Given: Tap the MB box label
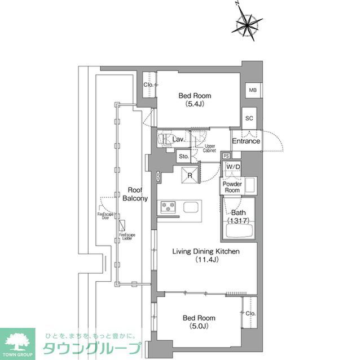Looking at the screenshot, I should [253, 90].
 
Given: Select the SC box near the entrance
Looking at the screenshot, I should [249, 118].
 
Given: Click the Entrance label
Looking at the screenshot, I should [246, 141].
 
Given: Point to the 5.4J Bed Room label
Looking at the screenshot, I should [191, 100].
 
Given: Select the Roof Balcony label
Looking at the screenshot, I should [136, 194].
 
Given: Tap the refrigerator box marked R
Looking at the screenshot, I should [191, 175].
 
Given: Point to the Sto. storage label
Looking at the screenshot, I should [183, 156].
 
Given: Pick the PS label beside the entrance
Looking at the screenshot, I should [226, 155].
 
